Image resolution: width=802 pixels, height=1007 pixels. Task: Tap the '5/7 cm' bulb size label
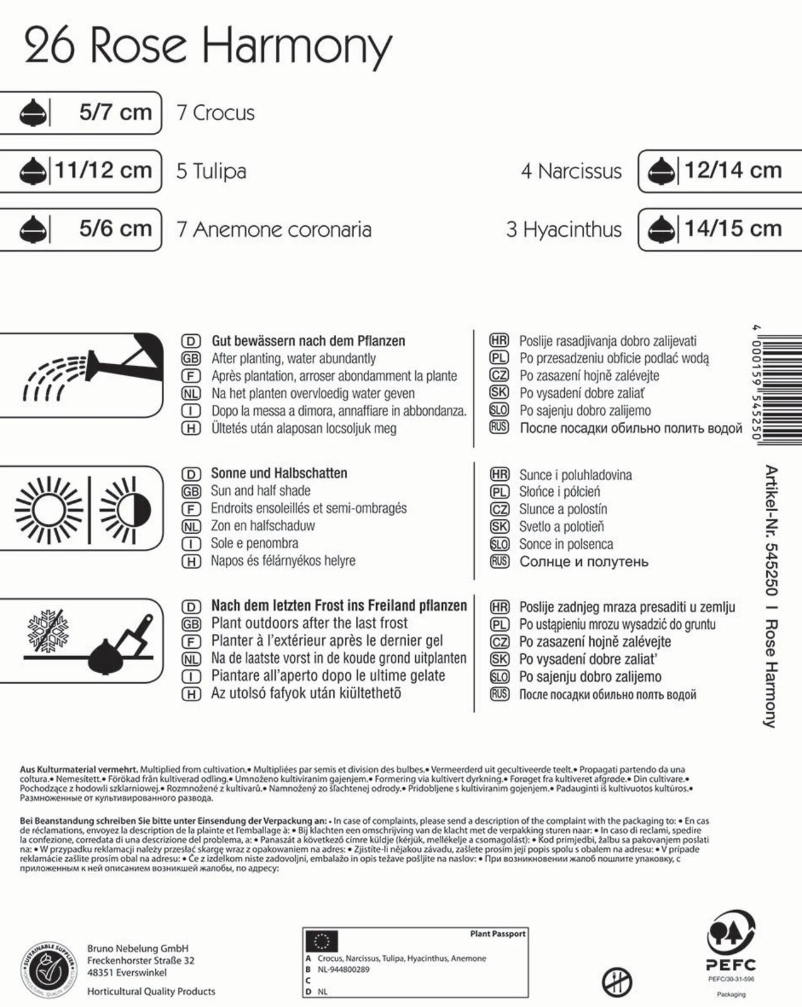click(115, 113)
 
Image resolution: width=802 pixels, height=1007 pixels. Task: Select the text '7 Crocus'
click(216, 113)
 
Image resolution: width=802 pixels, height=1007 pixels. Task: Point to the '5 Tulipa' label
click(211, 171)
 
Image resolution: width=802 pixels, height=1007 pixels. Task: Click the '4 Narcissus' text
click(571, 171)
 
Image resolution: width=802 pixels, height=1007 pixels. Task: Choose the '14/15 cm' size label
click(733, 228)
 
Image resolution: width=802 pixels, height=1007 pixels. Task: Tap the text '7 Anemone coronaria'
click(274, 230)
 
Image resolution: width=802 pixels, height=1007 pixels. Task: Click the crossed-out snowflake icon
click(47, 629)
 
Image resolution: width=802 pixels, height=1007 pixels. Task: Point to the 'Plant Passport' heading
click(498, 934)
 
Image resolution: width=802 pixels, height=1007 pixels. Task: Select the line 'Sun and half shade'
click(260, 491)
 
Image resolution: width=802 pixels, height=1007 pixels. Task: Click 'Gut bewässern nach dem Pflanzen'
click(308, 341)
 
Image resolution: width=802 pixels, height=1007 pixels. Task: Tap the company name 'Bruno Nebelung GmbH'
click(138, 948)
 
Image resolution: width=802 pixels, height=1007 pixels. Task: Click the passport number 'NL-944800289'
click(343, 970)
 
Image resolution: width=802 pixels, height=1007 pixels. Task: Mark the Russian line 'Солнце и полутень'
click(583, 562)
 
